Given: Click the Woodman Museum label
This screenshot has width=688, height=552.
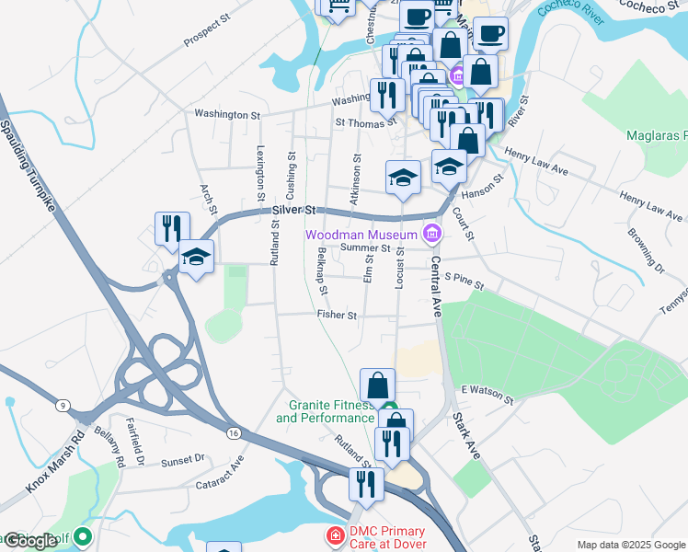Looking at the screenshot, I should click(361, 235).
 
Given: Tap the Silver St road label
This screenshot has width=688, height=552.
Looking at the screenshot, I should click(293, 212).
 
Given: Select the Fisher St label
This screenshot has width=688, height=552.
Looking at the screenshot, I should click(337, 315).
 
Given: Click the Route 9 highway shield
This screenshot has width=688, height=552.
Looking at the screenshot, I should click(63, 405).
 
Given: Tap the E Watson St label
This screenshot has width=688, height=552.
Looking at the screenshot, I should click(487, 392).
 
